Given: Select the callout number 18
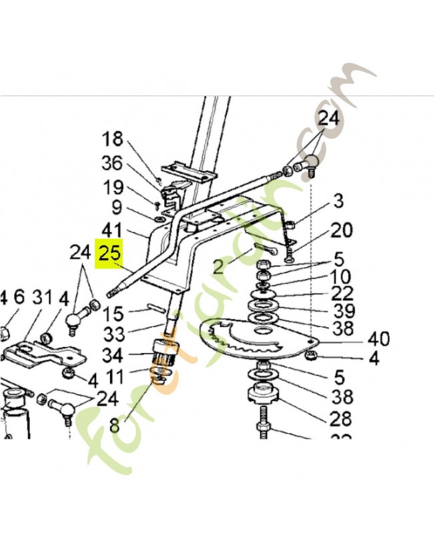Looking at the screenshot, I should pos(113,140).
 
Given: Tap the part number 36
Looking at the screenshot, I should pos(113,164).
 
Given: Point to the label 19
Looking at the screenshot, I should pos(113,188).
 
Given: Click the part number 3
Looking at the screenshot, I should pos(339,200).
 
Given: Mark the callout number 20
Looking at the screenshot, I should pos(341,230).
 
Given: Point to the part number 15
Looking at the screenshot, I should pos(114,312).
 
